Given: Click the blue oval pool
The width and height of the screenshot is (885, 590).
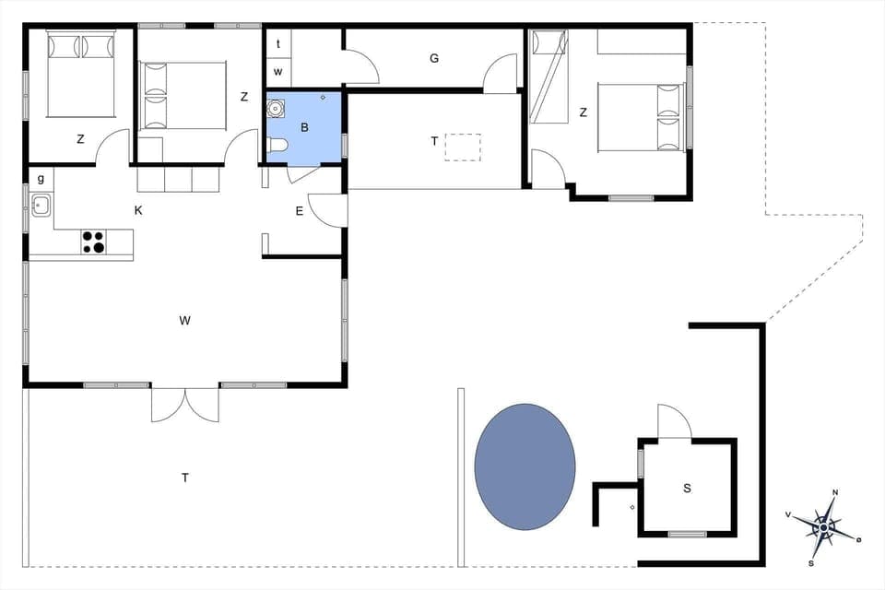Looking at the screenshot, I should [525, 466].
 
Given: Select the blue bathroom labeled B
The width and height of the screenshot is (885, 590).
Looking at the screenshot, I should [303, 127].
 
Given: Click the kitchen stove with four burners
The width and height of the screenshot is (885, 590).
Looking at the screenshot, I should [93, 242].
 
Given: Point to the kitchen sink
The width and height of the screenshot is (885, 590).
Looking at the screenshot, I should [41, 206].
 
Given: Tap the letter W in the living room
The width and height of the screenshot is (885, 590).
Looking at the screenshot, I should [185, 321].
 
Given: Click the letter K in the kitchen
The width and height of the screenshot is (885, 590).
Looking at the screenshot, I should [138, 210].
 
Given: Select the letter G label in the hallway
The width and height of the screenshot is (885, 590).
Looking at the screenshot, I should [433, 59].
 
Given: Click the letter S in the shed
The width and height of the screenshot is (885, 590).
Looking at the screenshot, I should [687, 489].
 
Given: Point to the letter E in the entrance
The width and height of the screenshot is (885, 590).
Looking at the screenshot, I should [299, 211].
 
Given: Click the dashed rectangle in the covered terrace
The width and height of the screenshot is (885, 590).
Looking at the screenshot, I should [463, 147].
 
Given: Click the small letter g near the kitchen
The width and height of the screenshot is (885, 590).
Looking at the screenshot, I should [41, 178].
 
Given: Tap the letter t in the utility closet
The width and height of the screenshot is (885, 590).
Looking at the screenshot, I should [278, 43].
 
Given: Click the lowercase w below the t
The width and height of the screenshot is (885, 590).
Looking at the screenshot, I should [278, 71].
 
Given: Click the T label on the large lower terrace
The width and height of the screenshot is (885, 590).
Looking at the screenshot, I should [185, 478].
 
